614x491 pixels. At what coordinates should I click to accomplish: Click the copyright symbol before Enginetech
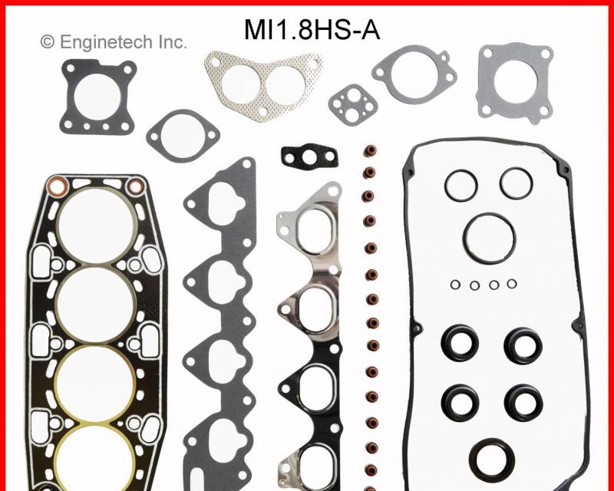click(48, 42)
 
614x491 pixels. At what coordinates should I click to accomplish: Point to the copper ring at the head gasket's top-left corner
click(57, 186)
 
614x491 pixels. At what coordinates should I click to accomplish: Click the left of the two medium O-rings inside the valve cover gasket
click(461, 184)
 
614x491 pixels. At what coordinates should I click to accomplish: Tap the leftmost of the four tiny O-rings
click(455, 285)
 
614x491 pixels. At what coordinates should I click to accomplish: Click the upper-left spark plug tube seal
click(459, 344)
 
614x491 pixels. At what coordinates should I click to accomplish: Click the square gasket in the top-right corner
click(513, 81)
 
